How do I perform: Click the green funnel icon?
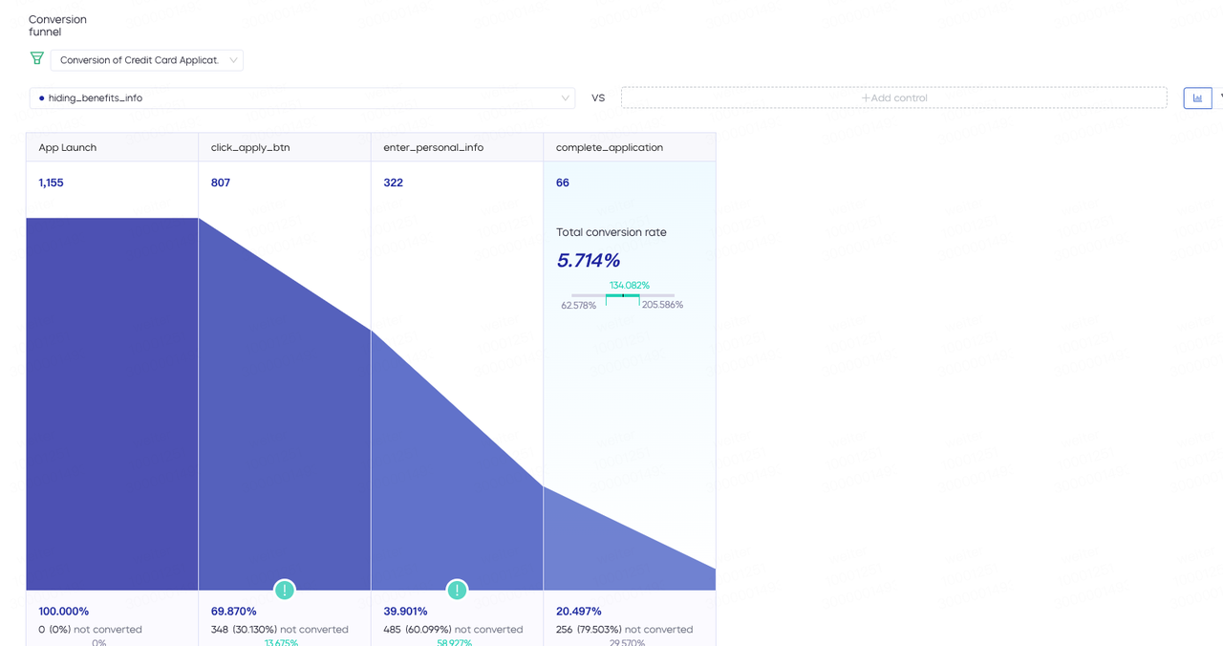pyautogui.click(x=37, y=58)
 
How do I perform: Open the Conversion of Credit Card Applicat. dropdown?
pyautogui.click(x=147, y=60)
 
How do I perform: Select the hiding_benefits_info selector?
pyautogui.click(x=302, y=97)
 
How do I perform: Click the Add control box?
pyautogui.click(x=893, y=97)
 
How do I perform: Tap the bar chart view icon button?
pyautogui.click(x=1197, y=97)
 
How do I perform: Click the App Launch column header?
pyautogui.click(x=68, y=147)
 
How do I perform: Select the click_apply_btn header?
pyautogui.click(x=250, y=147)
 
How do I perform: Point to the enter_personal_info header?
pyautogui.click(x=434, y=147)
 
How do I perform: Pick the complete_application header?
pyautogui.click(x=610, y=147)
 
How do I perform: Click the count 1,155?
pyautogui.click(x=52, y=183)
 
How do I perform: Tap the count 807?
pyautogui.click(x=221, y=183)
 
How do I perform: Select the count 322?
pyautogui.click(x=394, y=183)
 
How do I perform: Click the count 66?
pyautogui.click(x=563, y=183)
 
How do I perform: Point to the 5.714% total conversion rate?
pyautogui.click(x=589, y=260)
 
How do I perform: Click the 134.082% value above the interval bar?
pyautogui.click(x=630, y=285)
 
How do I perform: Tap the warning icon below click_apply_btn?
pyautogui.click(x=285, y=590)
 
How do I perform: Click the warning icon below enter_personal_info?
pyautogui.click(x=458, y=590)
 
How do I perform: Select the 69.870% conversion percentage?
pyautogui.click(x=234, y=611)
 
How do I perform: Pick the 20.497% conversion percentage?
pyautogui.click(x=579, y=611)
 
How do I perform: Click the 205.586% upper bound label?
pyautogui.click(x=662, y=305)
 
